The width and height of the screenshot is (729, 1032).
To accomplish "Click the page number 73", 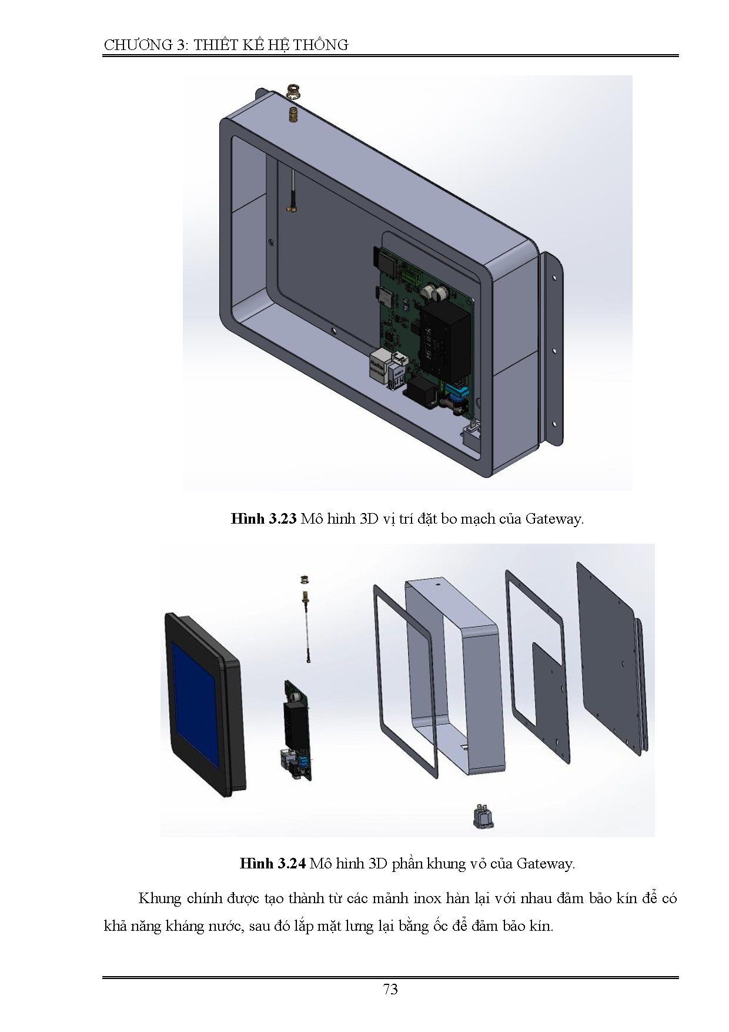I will (x=390, y=989).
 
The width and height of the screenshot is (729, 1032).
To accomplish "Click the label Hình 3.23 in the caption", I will (x=263, y=519).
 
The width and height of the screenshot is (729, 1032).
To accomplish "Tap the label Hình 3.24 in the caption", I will (x=272, y=863).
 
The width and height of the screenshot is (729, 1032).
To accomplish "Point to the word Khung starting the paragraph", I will (x=159, y=898).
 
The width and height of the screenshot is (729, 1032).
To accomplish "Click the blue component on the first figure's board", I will (x=458, y=391).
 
